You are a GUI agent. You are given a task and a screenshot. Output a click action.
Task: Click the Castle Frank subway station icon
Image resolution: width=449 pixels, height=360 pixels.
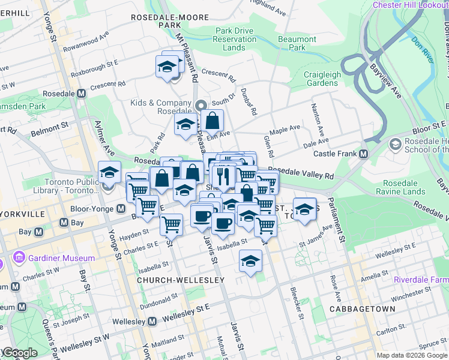[364, 154]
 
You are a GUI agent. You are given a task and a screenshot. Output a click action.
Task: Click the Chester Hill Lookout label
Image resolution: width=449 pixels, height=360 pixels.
[411, 5]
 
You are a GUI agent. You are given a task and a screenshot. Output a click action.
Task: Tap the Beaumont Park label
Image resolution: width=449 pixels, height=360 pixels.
[301, 43]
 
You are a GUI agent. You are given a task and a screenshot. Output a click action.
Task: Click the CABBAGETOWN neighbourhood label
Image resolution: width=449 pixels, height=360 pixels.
[362, 309]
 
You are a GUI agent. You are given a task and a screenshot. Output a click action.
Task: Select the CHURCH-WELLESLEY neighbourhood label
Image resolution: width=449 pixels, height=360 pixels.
[181, 280]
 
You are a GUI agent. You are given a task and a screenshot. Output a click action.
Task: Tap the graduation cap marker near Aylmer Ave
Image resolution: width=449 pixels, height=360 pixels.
[109, 173]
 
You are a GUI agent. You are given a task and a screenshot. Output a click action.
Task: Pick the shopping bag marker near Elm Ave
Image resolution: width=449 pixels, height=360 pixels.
[212, 120]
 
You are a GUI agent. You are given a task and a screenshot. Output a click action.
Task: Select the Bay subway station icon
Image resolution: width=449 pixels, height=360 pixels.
[64, 223]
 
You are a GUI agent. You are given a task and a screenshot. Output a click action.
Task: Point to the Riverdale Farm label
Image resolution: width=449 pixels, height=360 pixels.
[421, 280]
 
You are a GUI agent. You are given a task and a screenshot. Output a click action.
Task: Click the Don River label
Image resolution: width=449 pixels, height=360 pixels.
[423, 50]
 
